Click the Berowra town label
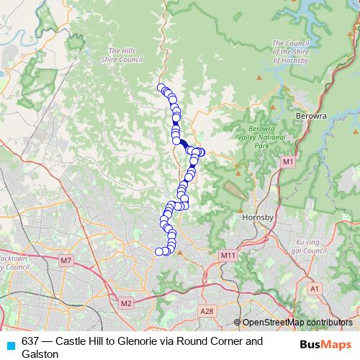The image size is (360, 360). pyautogui.click(x=311, y=115)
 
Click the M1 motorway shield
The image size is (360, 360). pyautogui.click(x=287, y=163)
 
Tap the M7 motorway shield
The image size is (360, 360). pyautogui.click(x=66, y=260)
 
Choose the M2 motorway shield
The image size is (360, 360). pyautogui.click(x=126, y=303)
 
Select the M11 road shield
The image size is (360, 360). pyautogui.click(x=229, y=255)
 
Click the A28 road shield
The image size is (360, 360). pyautogui.click(x=207, y=310)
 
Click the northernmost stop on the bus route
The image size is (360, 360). pyautogui.click(x=161, y=88)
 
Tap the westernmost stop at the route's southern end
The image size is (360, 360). pyautogui.click(x=159, y=251)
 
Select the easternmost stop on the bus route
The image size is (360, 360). pyautogui.click(x=202, y=152)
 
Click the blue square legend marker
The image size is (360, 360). pyautogui.click(x=10, y=345)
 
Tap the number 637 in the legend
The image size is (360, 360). pyautogui.click(x=31, y=341)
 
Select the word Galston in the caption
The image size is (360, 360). pyautogui.click(x=40, y=354)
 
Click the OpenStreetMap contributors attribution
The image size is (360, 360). pyautogui.click(x=297, y=323)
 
